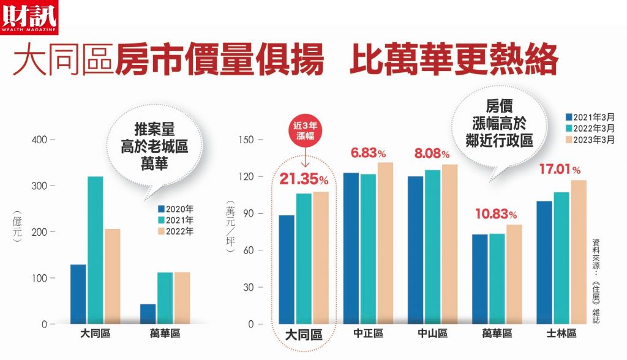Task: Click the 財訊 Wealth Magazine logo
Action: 29,18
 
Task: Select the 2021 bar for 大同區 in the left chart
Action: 95,250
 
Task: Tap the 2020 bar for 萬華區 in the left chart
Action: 148,314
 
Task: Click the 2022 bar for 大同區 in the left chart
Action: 113,276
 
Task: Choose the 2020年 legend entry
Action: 176,209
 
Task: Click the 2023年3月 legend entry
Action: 590,140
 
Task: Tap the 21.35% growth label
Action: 304,179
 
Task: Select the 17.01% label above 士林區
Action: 560,169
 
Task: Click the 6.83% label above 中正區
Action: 368,153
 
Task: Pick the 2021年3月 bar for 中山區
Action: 416,250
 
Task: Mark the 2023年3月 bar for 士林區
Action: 579,252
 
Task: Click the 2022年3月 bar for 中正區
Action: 368,249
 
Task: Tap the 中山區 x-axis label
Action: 433,333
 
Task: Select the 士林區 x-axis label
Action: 561,333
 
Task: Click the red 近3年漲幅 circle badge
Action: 305,131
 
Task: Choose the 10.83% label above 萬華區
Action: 496,214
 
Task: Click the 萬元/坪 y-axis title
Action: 230,227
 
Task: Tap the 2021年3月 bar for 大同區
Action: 287,269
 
